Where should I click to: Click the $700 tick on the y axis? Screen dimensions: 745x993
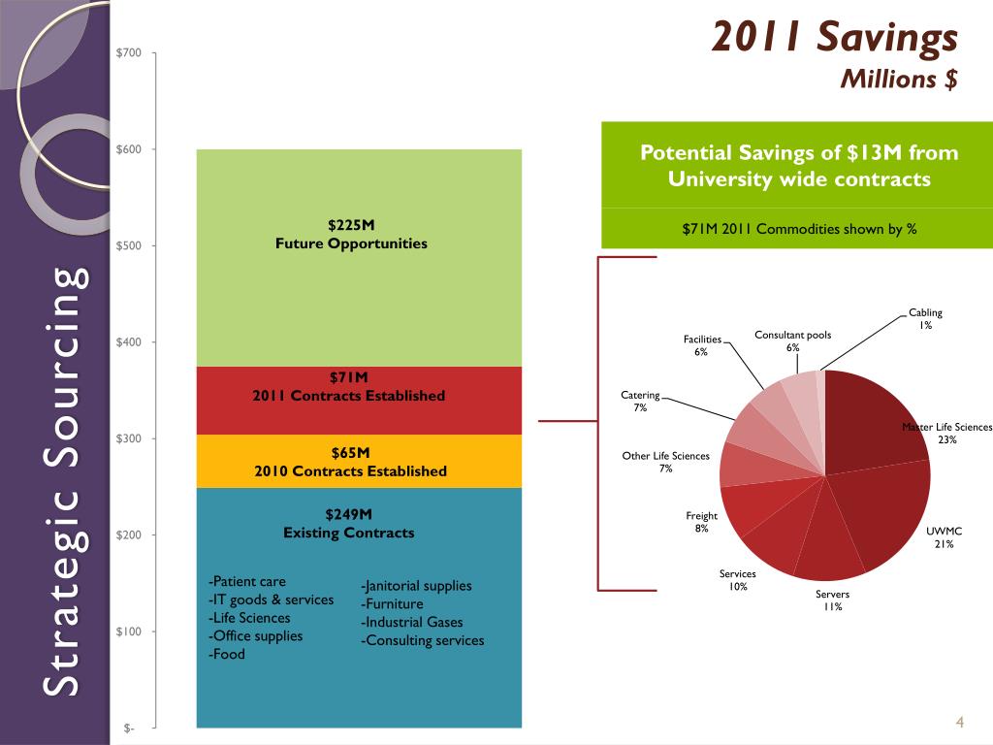[x=129, y=52]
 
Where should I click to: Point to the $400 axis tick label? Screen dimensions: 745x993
[x=129, y=342]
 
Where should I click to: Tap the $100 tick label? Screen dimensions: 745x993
[x=129, y=632]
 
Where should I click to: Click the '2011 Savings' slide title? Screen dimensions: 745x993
[x=834, y=38]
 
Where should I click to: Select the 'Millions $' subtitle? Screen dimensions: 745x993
[x=898, y=79]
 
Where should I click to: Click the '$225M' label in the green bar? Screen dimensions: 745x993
[x=351, y=226]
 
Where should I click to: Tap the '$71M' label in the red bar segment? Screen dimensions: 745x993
[x=349, y=377]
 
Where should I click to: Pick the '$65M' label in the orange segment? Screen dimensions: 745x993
[x=350, y=453]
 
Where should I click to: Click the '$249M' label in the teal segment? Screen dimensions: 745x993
[x=349, y=514]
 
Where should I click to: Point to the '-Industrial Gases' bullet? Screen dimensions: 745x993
[x=412, y=623]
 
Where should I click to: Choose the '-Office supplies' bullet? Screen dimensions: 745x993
[x=255, y=636]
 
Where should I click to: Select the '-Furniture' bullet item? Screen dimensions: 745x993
[x=392, y=604]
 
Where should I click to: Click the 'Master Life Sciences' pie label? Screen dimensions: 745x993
[x=946, y=427]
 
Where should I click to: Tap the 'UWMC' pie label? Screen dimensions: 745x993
[x=944, y=532]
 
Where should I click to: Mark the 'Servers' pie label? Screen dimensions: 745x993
[x=832, y=594]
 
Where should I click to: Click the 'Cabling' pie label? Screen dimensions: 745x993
[x=925, y=312]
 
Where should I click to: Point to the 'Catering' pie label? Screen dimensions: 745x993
[x=640, y=395]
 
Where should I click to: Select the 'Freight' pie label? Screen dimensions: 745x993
[x=701, y=516]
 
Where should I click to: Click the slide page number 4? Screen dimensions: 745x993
[x=958, y=722]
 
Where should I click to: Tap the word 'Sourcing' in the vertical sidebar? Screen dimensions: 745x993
[x=63, y=348]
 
